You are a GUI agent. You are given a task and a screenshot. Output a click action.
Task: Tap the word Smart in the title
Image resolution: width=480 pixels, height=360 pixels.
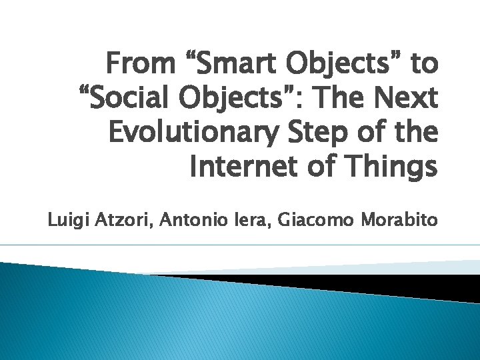click(x=231, y=65)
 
